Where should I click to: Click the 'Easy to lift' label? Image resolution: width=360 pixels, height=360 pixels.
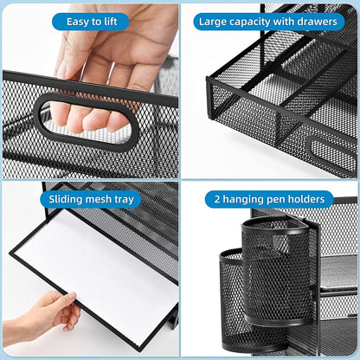point(90,22)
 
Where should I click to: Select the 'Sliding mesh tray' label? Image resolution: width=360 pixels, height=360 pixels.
point(90,199)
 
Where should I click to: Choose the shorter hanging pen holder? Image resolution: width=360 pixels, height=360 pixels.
point(232,299)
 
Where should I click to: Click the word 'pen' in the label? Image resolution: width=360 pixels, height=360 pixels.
point(280,199)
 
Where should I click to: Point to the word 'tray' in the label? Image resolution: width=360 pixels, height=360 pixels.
point(123,199)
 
